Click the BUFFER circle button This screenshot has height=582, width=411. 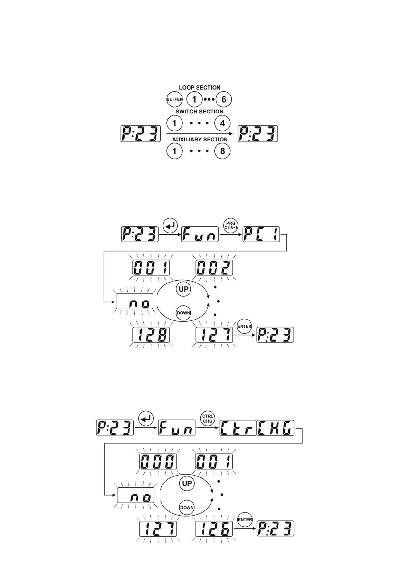point(174,100)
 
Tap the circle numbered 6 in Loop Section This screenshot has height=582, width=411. point(223,100)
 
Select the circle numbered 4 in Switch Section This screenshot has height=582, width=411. point(222,123)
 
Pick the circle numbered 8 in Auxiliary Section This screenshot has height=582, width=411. point(222,151)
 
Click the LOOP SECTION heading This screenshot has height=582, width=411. point(199,88)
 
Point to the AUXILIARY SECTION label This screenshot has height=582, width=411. point(200,140)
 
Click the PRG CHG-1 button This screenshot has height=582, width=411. point(230,225)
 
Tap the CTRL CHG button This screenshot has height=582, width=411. point(208,419)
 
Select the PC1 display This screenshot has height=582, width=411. point(261,235)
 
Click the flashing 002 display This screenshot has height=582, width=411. point(214,268)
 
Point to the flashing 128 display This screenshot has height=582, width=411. point(151,335)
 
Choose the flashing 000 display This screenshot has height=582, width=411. point(158,461)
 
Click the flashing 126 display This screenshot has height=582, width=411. point(214,529)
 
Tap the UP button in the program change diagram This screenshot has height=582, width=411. point(183,289)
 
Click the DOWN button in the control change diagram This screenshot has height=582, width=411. point(187,507)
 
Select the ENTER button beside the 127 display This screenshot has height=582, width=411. point(244,326)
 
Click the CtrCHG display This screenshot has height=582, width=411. point(257,428)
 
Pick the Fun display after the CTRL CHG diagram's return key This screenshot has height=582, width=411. point(177,428)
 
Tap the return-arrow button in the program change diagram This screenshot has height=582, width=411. point(170,225)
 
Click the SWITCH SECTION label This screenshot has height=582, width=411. point(199,112)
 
